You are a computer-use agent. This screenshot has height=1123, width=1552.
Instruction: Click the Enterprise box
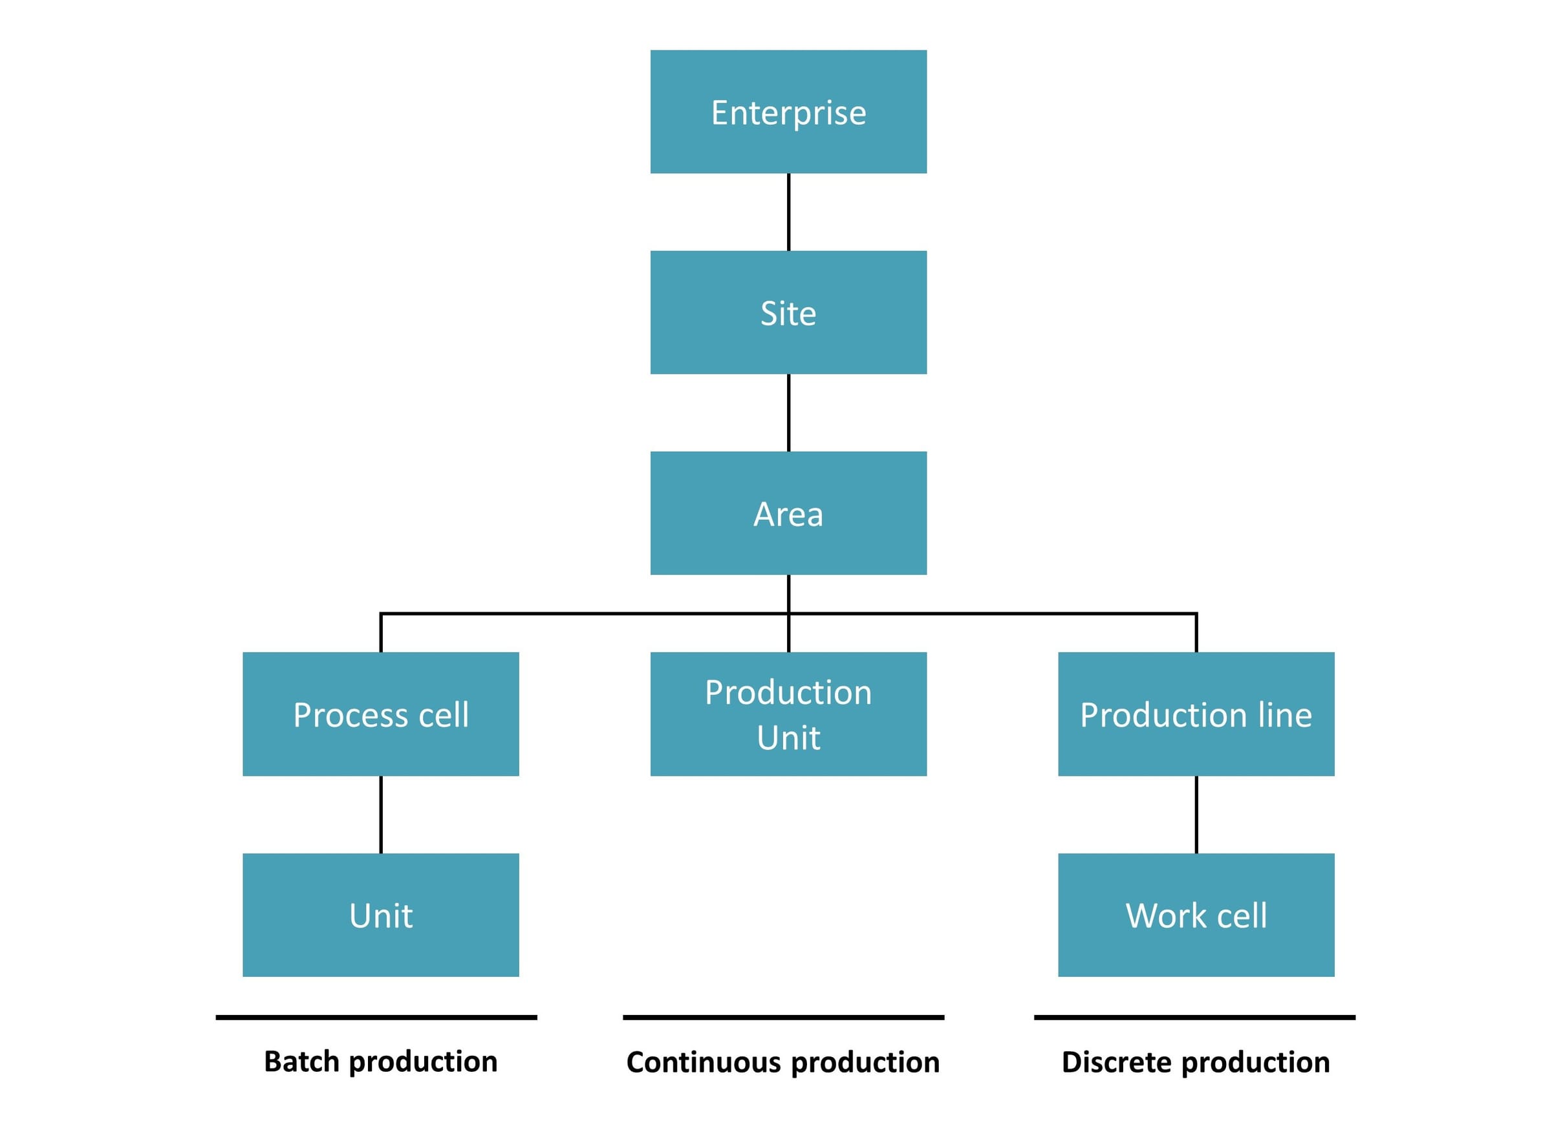pyautogui.click(x=788, y=112)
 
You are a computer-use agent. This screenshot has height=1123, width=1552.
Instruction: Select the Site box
pyautogui.click(x=788, y=312)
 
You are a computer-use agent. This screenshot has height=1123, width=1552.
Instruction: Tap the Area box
pyautogui.click(x=788, y=513)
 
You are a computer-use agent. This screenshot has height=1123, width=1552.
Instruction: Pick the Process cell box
pyautogui.click(x=380, y=714)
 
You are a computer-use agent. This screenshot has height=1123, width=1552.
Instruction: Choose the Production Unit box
pyautogui.click(x=788, y=714)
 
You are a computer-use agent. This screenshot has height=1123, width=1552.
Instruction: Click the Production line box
pyautogui.click(x=1196, y=714)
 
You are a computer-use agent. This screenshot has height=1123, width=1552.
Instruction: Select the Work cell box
pyautogui.click(x=1196, y=914)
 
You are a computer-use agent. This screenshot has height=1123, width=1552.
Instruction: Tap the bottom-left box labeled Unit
pyautogui.click(x=380, y=914)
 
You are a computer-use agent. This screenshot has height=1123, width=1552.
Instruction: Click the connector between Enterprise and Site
pyautogui.click(x=788, y=211)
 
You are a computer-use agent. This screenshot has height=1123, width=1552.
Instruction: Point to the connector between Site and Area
pyautogui.click(x=788, y=412)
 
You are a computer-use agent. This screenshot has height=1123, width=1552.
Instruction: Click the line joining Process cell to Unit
pyautogui.click(x=380, y=815)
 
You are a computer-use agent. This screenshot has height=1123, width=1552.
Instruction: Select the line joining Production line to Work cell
pyautogui.click(x=1196, y=815)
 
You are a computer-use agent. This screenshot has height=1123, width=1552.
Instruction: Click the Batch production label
pyautogui.click(x=380, y=1062)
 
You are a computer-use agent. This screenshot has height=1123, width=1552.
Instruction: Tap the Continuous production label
pyautogui.click(x=783, y=1062)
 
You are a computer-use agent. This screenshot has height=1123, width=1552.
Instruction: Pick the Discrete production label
pyautogui.click(x=1196, y=1062)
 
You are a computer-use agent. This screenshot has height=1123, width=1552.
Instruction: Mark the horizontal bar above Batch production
pyautogui.click(x=376, y=1018)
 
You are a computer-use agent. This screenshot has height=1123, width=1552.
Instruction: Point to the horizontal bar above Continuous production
pyautogui.click(x=783, y=1018)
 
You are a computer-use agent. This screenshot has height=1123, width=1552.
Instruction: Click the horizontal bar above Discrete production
pyautogui.click(x=1194, y=1018)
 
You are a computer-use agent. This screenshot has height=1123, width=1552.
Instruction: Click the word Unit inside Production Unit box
pyautogui.click(x=788, y=738)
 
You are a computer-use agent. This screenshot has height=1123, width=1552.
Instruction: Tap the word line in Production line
pyautogui.click(x=1285, y=714)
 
